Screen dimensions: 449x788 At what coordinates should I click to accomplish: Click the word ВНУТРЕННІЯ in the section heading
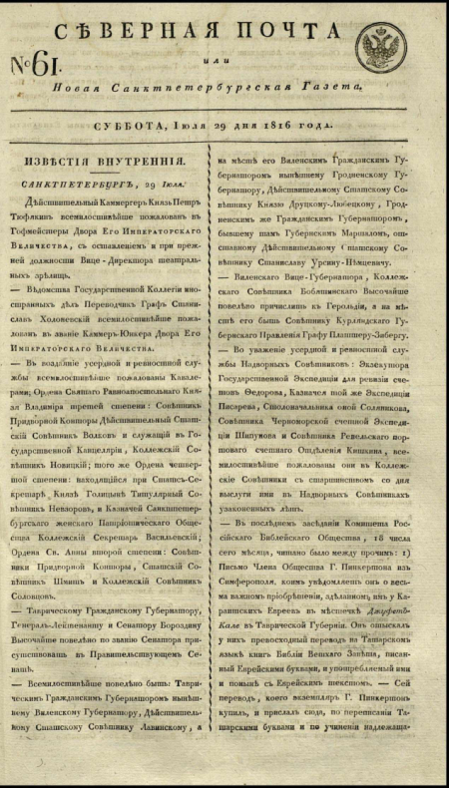click(148, 161)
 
